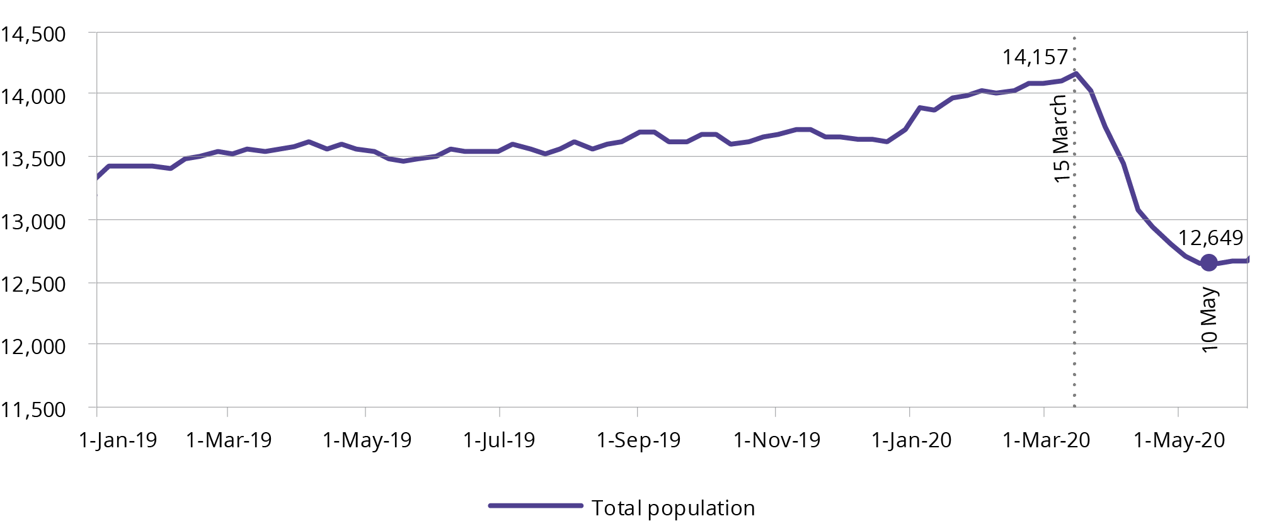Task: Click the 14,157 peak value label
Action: click(1035, 57)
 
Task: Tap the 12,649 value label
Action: click(1210, 238)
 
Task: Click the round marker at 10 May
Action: click(1208, 263)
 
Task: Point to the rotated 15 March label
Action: click(1061, 139)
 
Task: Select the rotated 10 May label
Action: click(1209, 320)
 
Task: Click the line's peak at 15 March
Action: click(1076, 74)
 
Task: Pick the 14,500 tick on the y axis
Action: click(33, 34)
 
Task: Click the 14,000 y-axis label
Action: click(33, 96)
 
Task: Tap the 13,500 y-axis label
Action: click(33, 159)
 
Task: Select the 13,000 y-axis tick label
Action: click(33, 222)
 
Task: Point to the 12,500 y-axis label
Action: click(33, 284)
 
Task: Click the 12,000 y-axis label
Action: click(33, 346)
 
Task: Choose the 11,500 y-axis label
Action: click(33, 409)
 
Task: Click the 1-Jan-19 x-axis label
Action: click(118, 440)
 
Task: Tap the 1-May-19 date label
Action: click(367, 440)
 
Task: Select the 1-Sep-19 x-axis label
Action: click(638, 440)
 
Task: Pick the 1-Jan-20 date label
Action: click(911, 440)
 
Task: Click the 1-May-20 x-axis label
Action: click(1179, 440)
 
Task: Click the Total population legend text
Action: click(673, 508)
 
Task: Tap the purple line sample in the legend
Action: click(536, 505)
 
